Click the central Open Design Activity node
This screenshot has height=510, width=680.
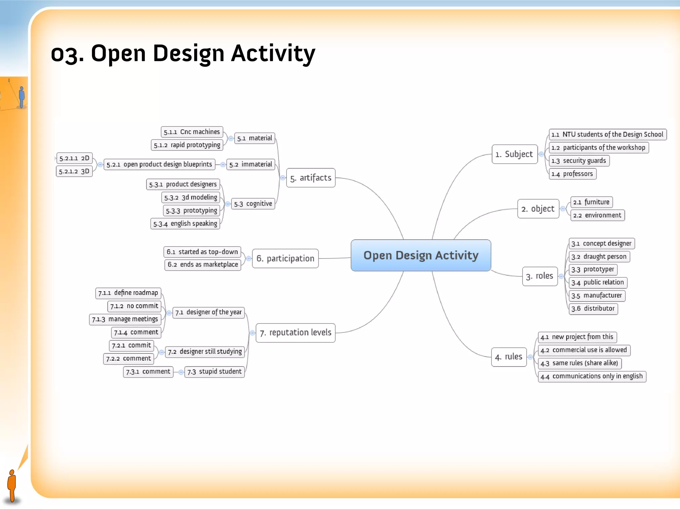[421, 255]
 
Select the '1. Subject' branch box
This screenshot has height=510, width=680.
[514, 154]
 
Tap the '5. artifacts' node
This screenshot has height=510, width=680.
[310, 178]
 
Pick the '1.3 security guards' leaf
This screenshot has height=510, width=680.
[579, 161]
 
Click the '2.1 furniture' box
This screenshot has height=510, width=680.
[591, 202]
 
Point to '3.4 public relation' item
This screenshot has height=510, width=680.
[598, 282]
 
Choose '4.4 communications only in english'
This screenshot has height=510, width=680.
[592, 376]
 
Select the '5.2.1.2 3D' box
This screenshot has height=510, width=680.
[74, 171]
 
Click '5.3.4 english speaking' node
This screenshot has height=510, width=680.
[185, 223]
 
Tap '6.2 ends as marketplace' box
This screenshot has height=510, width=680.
[203, 265]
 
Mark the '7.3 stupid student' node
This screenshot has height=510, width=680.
[214, 372]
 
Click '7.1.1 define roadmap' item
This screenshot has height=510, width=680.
[128, 293]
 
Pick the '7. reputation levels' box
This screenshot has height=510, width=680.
[296, 332]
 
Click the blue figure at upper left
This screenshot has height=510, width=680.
[22, 97]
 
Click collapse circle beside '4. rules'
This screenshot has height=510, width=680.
[530, 357]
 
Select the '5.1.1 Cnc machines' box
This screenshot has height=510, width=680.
[192, 132]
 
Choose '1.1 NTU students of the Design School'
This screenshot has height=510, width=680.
[607, 134]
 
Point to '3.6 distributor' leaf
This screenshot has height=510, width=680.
[593, 308]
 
